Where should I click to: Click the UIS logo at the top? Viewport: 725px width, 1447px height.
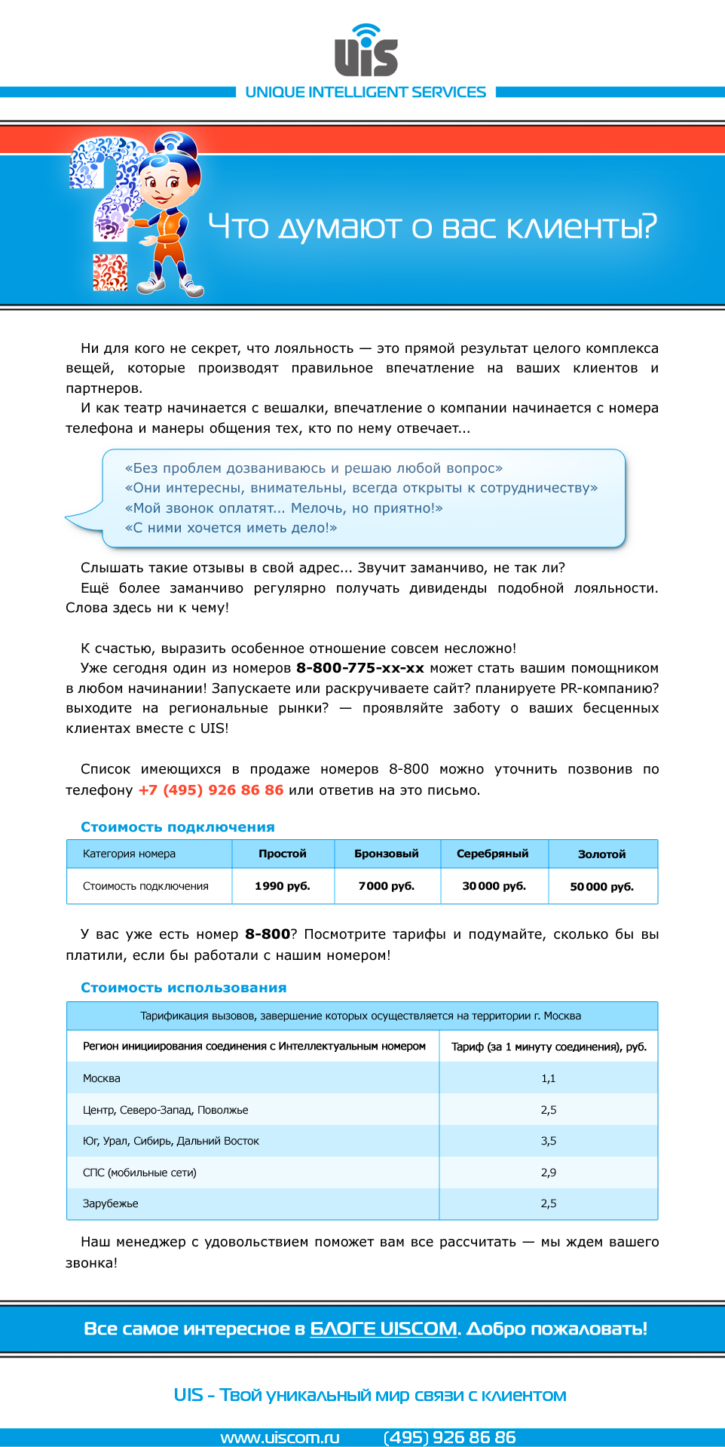click(366, 51)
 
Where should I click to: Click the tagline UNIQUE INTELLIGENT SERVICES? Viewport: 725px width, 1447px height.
click(366, 92)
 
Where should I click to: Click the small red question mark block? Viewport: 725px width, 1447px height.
click(110, 272)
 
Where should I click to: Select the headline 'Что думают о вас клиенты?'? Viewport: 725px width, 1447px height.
click(432, 226)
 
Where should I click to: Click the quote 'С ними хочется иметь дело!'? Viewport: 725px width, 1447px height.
click(231, 528)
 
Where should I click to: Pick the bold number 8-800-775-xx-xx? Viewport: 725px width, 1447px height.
click(360, 668)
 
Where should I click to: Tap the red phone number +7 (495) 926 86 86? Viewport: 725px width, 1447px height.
click(211, 789)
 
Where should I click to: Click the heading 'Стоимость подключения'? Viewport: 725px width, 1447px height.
click(178, 827)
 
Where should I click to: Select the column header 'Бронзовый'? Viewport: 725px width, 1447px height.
click(387, 854)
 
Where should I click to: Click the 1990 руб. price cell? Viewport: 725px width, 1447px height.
click(283, 886)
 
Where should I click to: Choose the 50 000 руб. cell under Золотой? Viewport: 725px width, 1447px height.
click(602, 887)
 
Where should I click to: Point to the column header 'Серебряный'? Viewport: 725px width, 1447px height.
click(493, 854)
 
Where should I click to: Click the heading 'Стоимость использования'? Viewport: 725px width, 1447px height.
click(184, 988)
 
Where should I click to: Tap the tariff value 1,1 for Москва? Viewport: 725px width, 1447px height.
click(549, 1078)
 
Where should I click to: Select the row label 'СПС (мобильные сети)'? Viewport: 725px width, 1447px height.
click(139, 1173)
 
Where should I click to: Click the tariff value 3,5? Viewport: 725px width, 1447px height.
click(549, 1141)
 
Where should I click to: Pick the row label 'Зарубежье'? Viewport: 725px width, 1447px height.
click(111, 1203)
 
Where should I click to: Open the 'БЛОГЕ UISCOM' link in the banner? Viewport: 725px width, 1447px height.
click(384, 1329)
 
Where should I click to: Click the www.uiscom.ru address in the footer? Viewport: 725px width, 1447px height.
click(280, 1437)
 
